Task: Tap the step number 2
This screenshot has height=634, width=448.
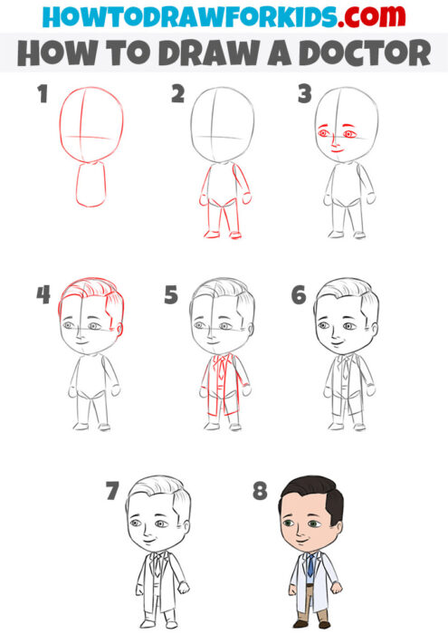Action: point(177,94)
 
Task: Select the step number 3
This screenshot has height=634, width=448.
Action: point(305,94)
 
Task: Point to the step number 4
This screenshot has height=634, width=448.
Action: point(43,295)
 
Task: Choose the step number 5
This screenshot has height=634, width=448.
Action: point(171,295)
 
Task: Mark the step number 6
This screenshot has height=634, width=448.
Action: point(299,295)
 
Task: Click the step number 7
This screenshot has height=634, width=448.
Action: point(112,492)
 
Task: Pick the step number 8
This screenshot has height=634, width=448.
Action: point(260,492)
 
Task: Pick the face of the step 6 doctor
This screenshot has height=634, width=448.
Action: point(338,331)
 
